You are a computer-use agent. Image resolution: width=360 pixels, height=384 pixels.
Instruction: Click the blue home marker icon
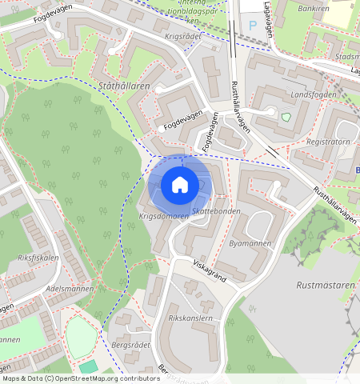tap(180, 185)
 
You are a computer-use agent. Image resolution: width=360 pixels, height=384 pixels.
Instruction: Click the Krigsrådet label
tap(183, 38)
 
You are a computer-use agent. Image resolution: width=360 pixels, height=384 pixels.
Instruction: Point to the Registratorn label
tap(329, 142)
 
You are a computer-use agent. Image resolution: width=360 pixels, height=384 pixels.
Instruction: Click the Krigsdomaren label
tap(164, 216)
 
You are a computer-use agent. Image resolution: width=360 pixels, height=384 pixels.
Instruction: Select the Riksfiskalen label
tap(38, 258)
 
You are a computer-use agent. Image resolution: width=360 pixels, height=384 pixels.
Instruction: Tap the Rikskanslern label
tap(190, 318)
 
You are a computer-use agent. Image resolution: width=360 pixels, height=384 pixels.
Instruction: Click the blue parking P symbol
tap(253, 26)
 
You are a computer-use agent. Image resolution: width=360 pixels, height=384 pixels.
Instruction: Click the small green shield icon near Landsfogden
tap(286, 118)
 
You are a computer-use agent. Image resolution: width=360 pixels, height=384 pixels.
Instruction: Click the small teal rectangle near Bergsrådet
tap(87, 366)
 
